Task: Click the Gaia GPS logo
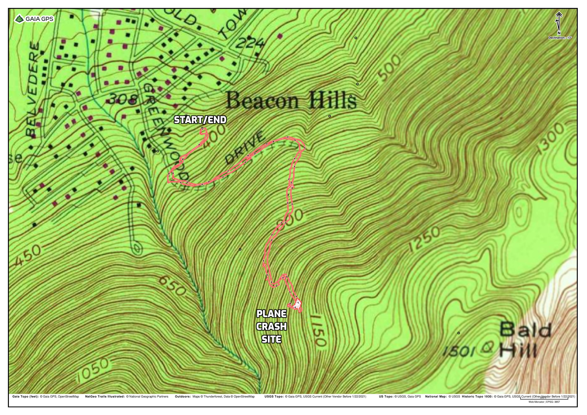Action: tap(34, 19)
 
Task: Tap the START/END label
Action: tap(200, 120)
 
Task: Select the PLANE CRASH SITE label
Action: tap(272, 327)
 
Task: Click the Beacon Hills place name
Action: tap(291, 100)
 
